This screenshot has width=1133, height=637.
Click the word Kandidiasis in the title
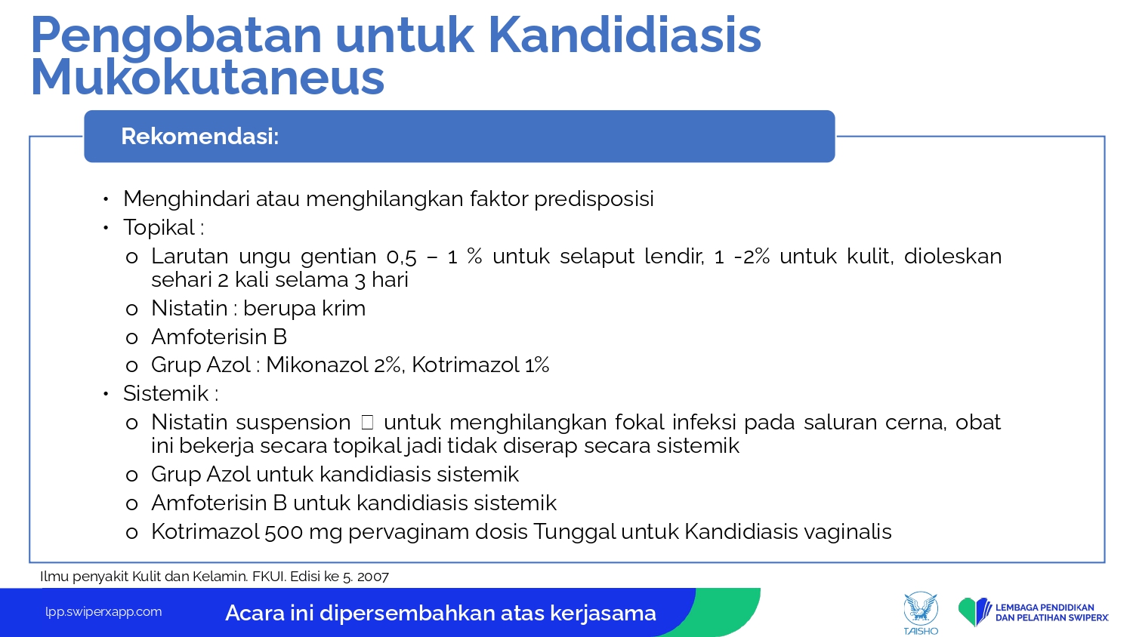(625, 35)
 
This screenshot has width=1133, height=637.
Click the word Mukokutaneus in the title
(208, 77)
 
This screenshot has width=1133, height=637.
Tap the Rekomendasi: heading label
(200, 136)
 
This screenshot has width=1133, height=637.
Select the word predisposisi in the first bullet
(594, 199)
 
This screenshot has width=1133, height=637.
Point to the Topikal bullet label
(163, 227)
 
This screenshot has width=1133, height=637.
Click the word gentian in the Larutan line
(338, 257)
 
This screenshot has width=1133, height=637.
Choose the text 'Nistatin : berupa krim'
(258, 308)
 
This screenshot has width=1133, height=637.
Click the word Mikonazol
(317, 365)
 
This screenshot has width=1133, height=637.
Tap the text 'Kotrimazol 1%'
(480, 365)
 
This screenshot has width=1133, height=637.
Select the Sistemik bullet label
(170, 393)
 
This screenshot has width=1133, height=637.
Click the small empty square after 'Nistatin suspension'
(367, 422)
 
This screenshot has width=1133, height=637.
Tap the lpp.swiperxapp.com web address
(103, 612)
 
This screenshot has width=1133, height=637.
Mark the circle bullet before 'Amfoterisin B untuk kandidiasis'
(131, 504)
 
